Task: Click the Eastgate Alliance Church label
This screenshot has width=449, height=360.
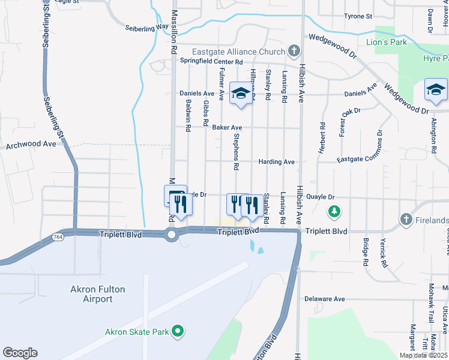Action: (238, 52)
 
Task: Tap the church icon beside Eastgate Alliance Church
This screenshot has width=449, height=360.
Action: (294, 51)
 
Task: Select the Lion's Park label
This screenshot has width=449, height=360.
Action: (387, 42)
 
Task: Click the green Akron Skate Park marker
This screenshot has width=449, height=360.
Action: (177, 331)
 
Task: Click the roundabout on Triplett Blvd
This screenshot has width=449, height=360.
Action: (172, 235)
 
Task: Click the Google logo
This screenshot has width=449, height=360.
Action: (20, 353)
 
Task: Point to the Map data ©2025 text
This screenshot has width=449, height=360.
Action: (423, 355)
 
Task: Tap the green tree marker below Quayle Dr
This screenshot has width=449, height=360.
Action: (334, 211)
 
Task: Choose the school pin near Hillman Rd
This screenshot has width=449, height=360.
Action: (241, 94)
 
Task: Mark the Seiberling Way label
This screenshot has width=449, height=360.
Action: (147, 28)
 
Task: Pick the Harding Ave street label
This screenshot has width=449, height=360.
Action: (276, 162)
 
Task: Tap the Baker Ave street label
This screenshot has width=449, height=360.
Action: (226, 128)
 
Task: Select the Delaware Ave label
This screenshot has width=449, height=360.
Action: (324, 299)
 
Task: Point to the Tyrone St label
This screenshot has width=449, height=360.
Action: (358, 16)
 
